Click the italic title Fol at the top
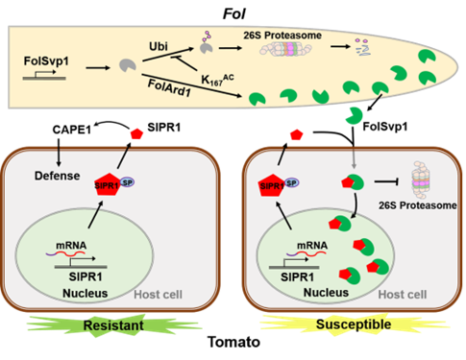tap(234, 14)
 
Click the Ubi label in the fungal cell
tap(159, 46)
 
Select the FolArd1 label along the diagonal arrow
tap(169, 88)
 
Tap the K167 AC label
tap(217, 80)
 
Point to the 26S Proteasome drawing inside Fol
tap(285, 49)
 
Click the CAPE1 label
tap(72, 130)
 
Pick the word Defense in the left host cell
tap(58, 176)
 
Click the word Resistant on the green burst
tap(113, 325)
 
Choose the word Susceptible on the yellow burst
tap(354, 324)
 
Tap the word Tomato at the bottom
tap(233, 342)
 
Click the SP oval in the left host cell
tap(127, 182)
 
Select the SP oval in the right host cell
tap(291, 182)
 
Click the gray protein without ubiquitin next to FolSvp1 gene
tap(128, 65)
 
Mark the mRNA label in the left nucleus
tap(71, 246)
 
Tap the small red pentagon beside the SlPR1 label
tap(136, 133)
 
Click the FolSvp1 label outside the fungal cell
tap(385, 127)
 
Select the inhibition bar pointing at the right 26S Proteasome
tap(386, 182)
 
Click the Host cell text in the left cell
tap(158, 295)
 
